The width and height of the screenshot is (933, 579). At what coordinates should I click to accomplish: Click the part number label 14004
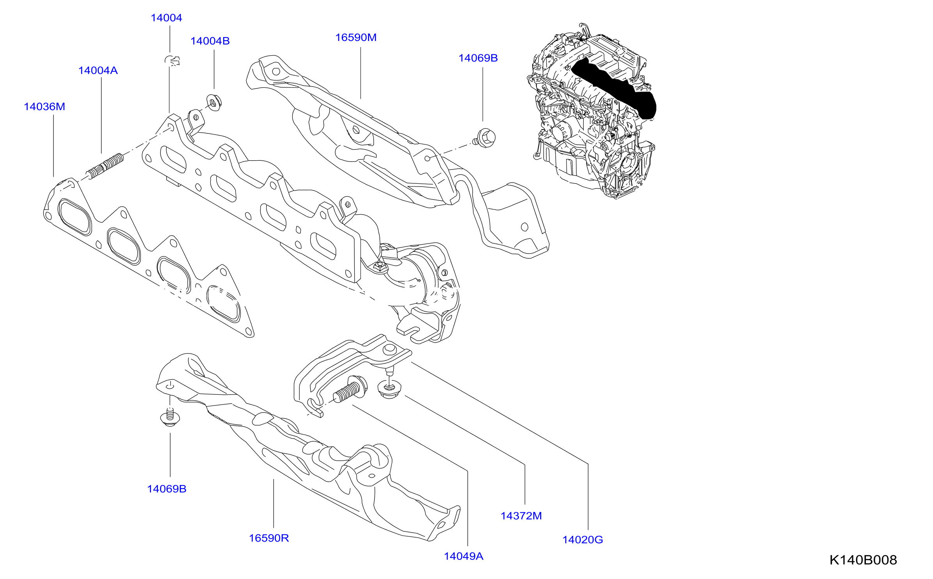coord(166,18)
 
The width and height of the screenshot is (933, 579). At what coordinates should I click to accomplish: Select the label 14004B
coord(210,41)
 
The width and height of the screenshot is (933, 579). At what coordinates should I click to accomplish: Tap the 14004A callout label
coord(98,70)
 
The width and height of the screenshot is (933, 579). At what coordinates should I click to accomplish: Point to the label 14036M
coord(44,107)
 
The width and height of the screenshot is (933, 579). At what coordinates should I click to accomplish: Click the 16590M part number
coord(356,37)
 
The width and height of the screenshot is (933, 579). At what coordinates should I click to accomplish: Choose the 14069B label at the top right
coord(478,58)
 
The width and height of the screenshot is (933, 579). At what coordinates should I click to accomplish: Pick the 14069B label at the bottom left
coord(167,489)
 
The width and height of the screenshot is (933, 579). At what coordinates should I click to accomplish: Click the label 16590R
coord(269,538)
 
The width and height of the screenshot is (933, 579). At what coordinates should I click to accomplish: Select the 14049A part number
coord(464,556)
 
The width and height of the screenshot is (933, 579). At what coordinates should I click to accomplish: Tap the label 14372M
coord(521,516)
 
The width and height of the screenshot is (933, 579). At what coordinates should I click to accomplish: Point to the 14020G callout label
coord(583,540)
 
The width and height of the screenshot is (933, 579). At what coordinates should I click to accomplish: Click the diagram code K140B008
coord(863,560)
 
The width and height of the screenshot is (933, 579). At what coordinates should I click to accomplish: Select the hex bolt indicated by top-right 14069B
coord(484,137)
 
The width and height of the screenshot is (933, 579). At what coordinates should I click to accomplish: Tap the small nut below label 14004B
coord(213,102)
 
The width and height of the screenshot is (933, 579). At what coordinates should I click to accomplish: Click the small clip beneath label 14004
coord(172,60)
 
